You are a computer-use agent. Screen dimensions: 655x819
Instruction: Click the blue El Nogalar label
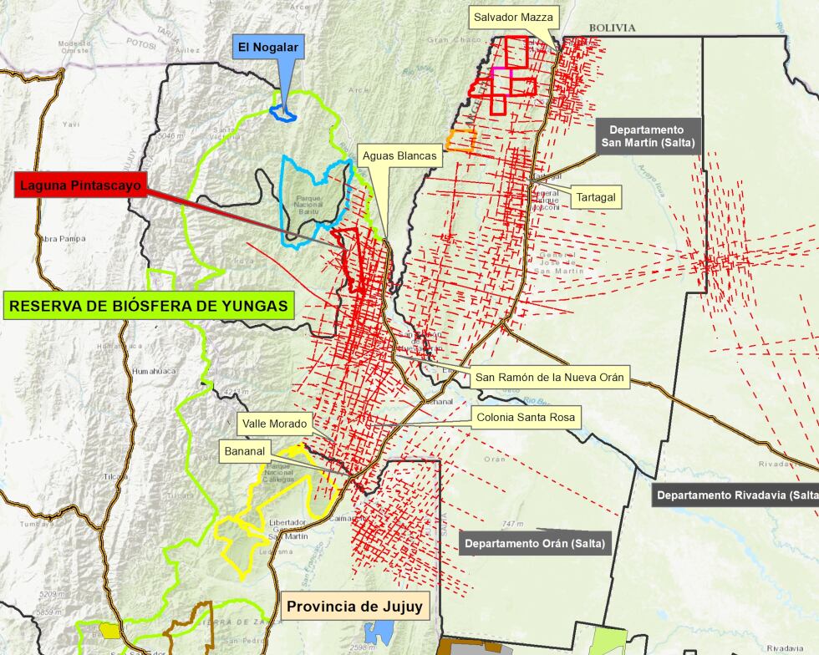(268, 48)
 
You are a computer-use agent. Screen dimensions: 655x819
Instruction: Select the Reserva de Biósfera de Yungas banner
(149, 306)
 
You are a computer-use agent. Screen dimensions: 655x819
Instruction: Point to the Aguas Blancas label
(399, 155)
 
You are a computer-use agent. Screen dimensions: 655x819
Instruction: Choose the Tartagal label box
(596, 197)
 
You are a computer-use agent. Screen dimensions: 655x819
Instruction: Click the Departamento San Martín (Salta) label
(646, 136)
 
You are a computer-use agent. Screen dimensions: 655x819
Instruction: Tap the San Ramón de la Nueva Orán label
(550, 378)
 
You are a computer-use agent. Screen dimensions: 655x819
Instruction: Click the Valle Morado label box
(275, 424)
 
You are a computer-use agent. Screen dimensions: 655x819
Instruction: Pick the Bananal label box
(244, 452)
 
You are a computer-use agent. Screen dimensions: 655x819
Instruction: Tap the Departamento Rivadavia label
(736, 495)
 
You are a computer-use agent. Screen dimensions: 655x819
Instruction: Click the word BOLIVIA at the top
(612, 28)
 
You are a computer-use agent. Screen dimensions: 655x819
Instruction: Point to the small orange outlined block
(460, 141)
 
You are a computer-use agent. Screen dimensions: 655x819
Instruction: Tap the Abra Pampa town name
(62, 239)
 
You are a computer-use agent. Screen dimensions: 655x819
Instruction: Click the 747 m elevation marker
(513, 524)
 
